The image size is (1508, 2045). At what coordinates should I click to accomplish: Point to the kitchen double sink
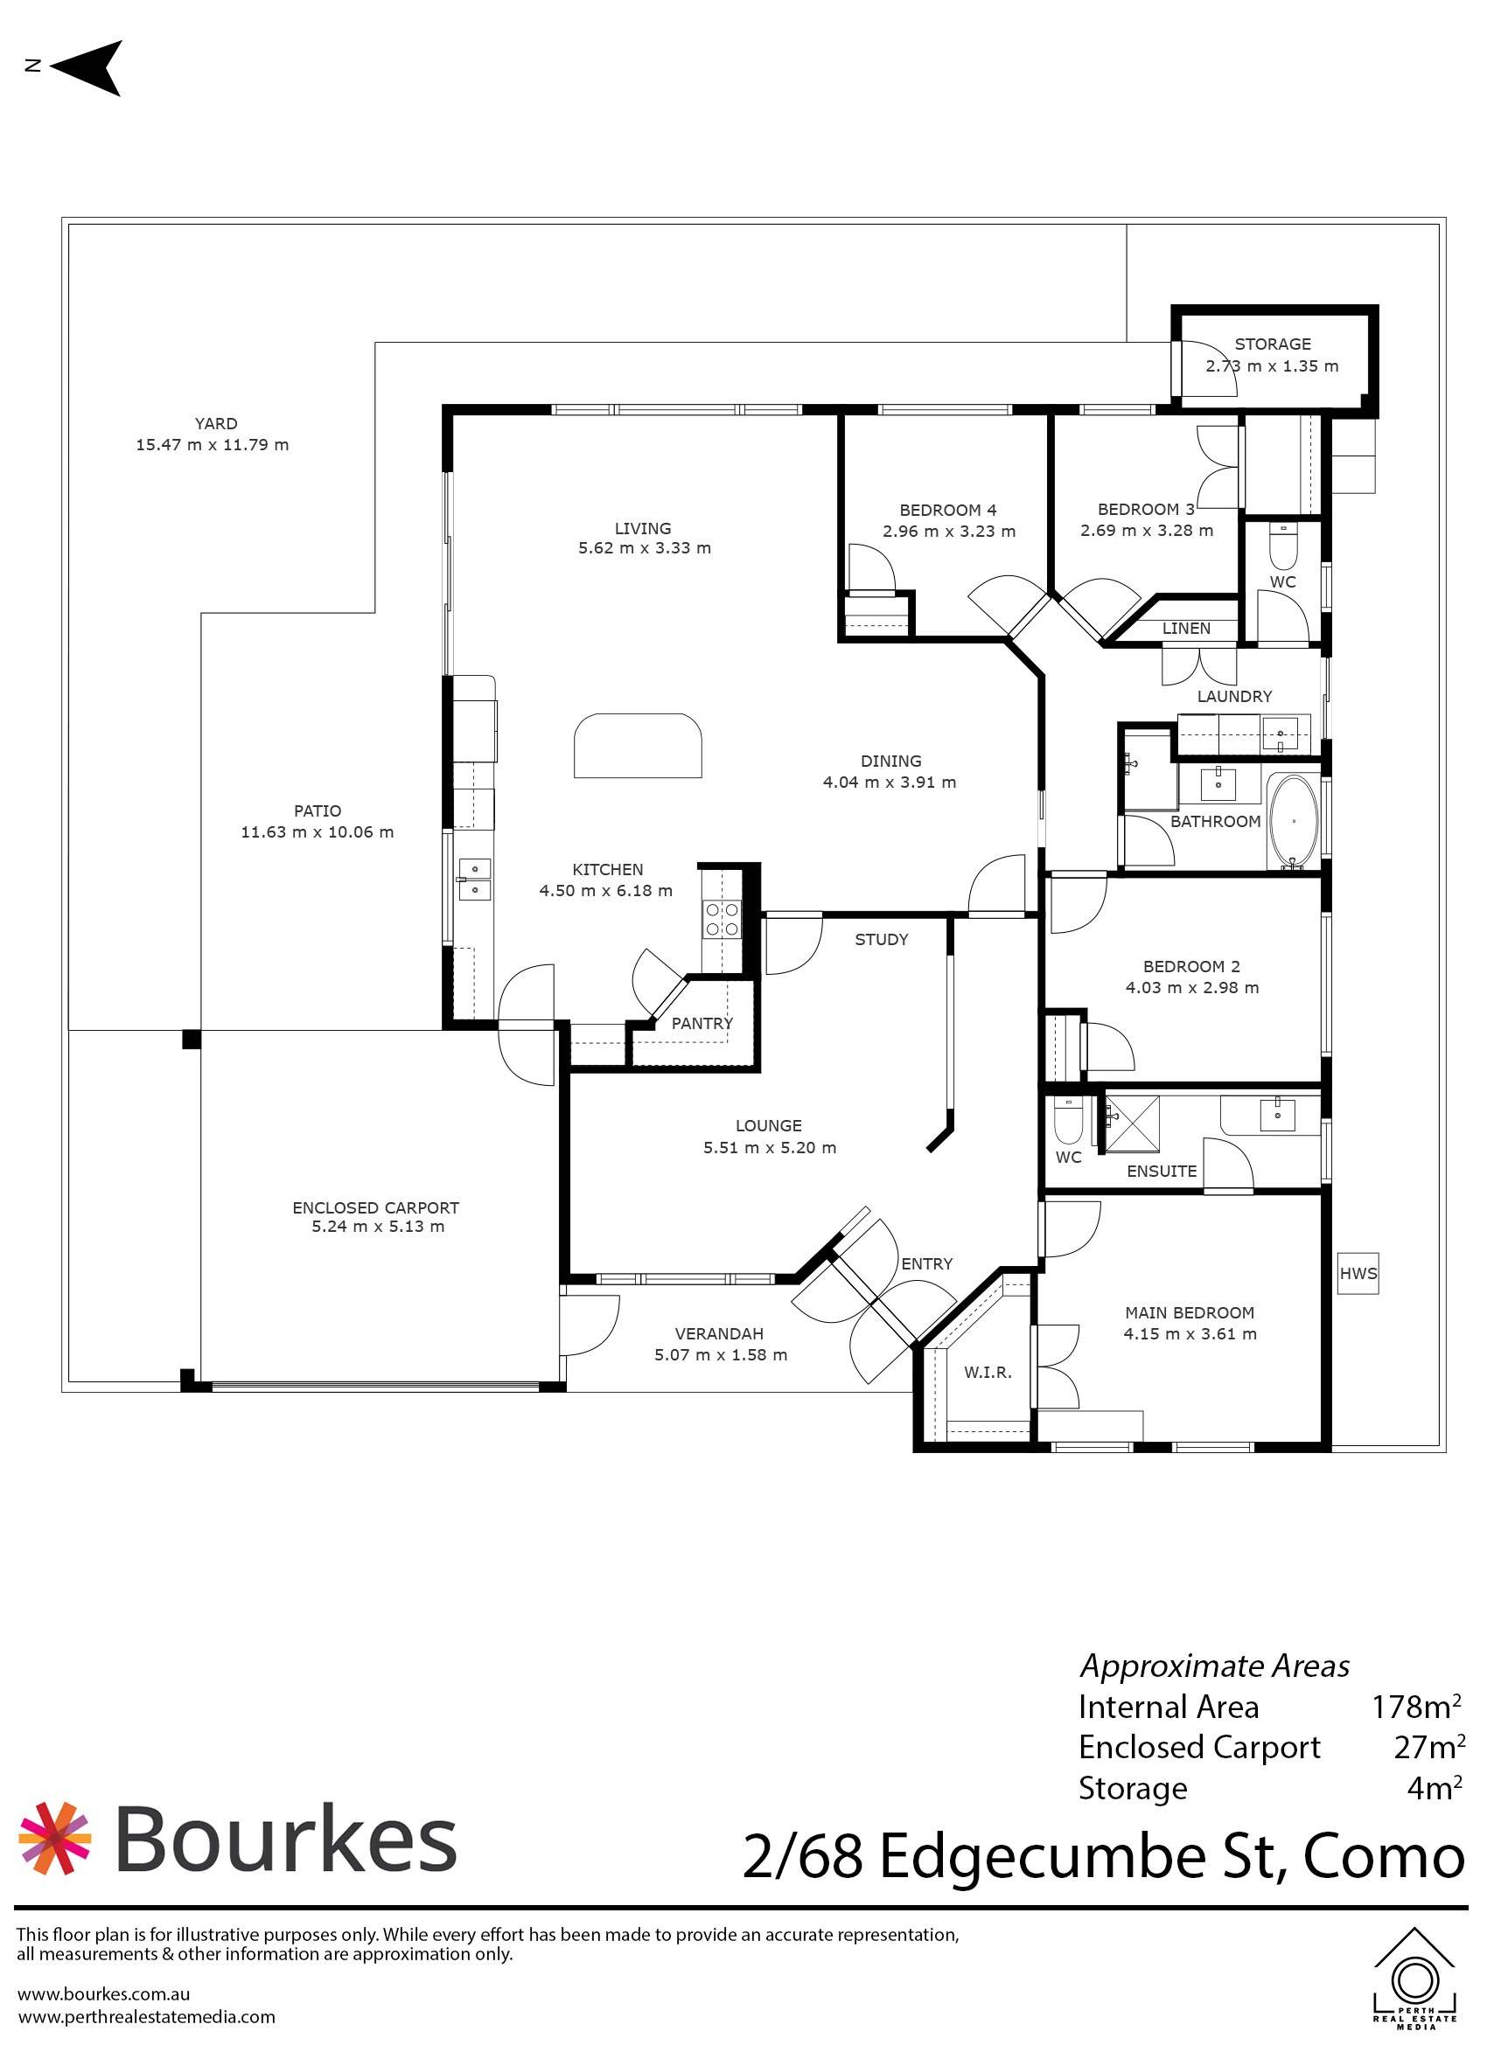[x=475, y=878]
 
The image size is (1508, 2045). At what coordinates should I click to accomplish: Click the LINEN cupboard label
[x=1186, y=628]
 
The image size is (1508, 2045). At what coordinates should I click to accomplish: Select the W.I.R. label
[x=987, y=1373]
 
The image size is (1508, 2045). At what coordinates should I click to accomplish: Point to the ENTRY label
[x=925, y=1264]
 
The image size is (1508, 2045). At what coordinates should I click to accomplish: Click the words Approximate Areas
[x=1214, y=1666]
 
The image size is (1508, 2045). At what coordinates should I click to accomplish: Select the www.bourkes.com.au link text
[x=103, y=1994]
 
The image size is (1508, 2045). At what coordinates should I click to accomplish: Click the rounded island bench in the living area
[x=637, y=746]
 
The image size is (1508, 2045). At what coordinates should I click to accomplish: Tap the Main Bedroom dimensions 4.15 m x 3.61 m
[x=1190, y=1333]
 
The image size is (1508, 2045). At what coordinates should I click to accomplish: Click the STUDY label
[x=880, y=939]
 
